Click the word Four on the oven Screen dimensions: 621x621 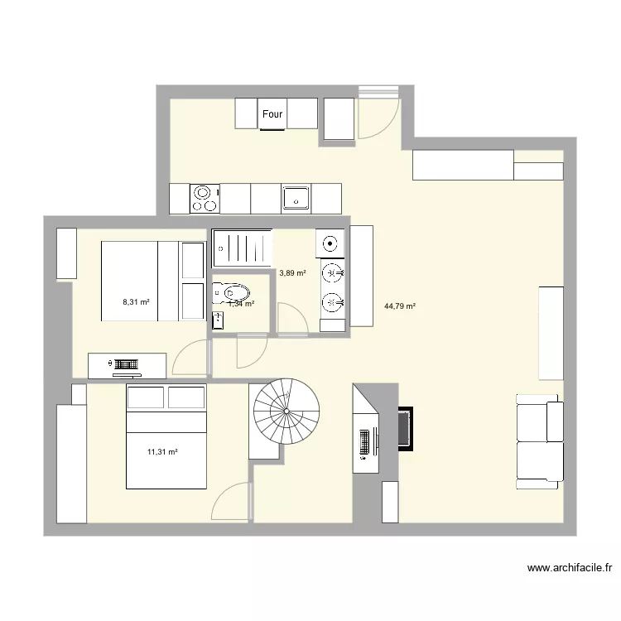[x=272, y=115]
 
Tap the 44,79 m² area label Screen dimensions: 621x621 [x=400, y=306]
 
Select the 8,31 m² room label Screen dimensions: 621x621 [x=136, y=302]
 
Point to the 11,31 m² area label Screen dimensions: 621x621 [x=162, y=451]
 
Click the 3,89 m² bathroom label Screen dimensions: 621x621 [x=292, y=273]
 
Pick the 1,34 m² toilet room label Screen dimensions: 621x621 [x=241, y=304]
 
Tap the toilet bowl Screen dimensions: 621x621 [x=234, y=292]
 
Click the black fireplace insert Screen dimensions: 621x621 [x=406, y=428]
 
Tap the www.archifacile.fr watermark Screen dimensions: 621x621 [x=570, y=568]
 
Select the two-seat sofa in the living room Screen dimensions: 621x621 [x=540, y=440]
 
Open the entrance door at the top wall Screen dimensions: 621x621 [x=379, y=116]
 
